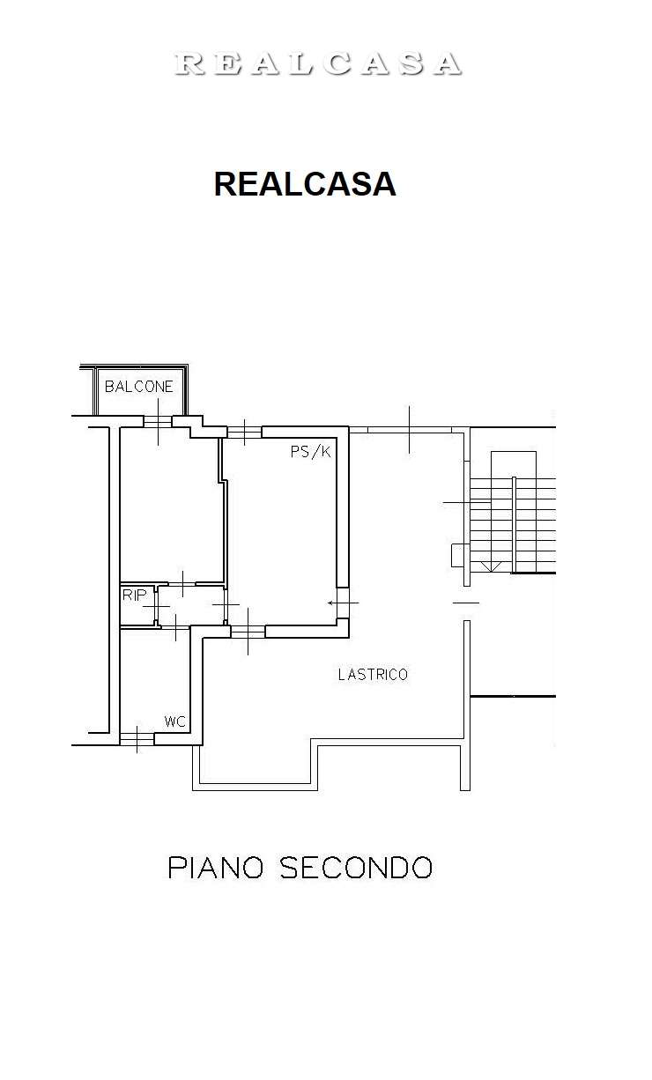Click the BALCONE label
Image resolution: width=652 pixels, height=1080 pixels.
pos(139,386)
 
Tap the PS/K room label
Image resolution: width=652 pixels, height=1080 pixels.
pos(310,452)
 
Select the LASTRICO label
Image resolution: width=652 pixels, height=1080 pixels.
pos(373,675)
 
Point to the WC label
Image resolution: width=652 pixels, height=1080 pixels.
pos(174,721)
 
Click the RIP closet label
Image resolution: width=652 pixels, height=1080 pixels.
pos(134,595)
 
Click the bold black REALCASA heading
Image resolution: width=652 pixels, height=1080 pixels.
pos(305,184)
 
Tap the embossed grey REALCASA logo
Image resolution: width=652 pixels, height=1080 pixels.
pos(318,64)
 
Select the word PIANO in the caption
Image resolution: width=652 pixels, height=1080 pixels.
pos(216,868)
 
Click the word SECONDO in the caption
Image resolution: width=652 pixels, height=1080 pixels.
pos(356,868)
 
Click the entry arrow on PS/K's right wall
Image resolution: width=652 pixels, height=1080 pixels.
pos(343,603)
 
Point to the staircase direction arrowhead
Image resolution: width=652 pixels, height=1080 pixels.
pos(491,566)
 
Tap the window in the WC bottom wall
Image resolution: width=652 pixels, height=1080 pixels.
pos(137,739)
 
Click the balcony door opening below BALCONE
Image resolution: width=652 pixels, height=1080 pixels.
pos(158,421)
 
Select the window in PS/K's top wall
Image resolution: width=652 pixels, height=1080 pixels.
pos(245,432)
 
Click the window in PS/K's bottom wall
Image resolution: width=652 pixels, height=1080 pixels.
pos(248,631)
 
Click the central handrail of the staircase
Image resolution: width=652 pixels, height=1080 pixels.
pos(514,524)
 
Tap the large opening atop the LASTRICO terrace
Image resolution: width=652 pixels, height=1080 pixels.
pos(410,430)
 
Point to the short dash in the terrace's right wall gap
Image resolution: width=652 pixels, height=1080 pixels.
pos(466,603)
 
